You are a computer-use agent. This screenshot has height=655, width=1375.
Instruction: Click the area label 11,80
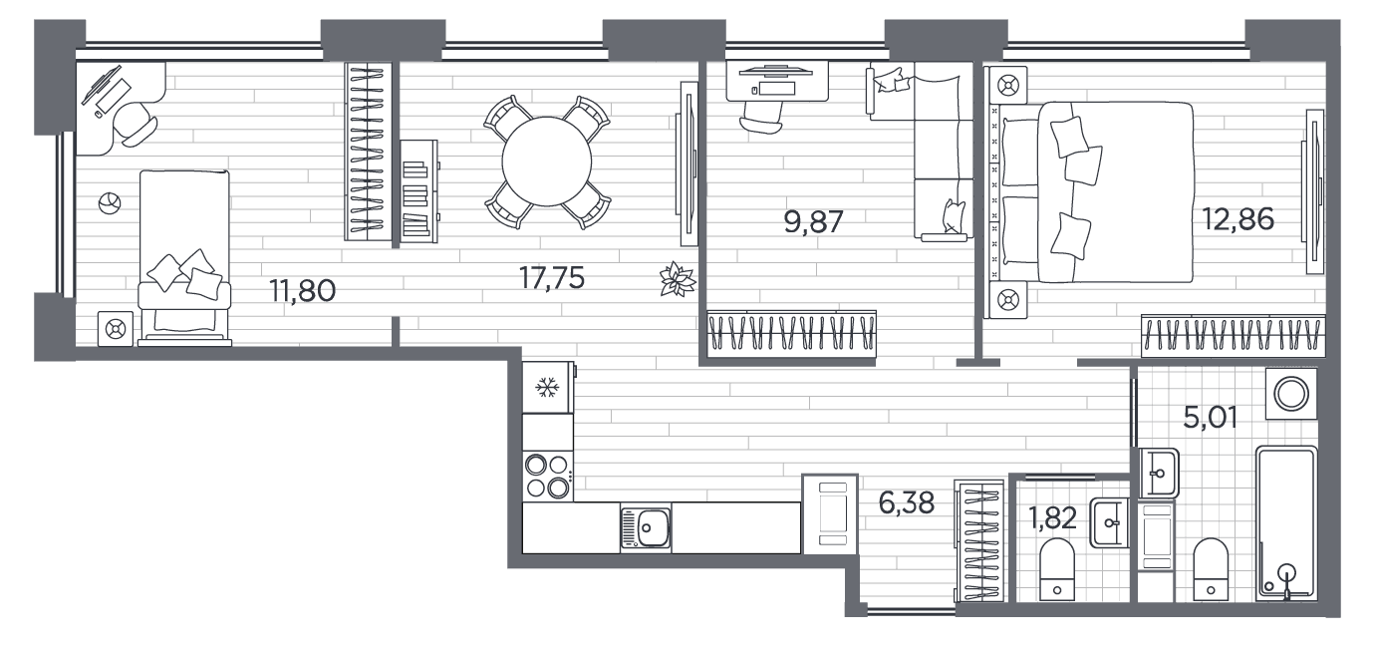[x=303, y=291]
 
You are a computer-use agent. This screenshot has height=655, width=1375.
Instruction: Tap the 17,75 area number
[x=552, y=278]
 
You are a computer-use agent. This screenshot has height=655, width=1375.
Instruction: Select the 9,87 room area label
[x=814, y=221]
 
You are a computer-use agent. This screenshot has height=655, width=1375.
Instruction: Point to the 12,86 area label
[x=1237, y=218]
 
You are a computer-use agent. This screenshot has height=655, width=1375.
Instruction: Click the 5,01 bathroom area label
[x=1210, y=418]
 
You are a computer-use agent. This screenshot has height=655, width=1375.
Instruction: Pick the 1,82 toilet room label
[x=1053, y=518]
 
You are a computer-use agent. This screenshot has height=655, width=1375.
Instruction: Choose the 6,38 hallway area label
[x=907, y=503]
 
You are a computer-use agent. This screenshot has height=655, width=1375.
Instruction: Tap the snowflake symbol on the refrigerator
[x=546, y=388]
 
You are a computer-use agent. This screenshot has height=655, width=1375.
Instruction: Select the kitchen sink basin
[x=645, y=527]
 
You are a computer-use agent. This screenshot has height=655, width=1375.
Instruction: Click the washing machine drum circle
[x=1291, y=393]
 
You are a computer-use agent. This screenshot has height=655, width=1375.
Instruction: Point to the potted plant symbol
[x=678, y=279]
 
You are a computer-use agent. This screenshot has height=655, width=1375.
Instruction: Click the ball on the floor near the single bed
[x=110, y=203]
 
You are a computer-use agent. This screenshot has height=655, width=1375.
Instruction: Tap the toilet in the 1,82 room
[x=1057, y=569]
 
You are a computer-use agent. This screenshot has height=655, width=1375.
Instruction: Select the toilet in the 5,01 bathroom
[x=1211, y=569]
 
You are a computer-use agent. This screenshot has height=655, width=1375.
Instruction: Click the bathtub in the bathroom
[x=1286, y=522]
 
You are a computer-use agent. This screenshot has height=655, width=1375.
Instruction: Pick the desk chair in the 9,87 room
[x=762, y=118]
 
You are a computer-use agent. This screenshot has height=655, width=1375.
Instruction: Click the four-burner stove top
[x=548, y=477]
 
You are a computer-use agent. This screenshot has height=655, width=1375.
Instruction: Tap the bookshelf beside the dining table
[x=418, y=191]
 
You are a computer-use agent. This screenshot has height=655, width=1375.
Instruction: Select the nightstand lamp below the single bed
[x=116, y=329]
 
